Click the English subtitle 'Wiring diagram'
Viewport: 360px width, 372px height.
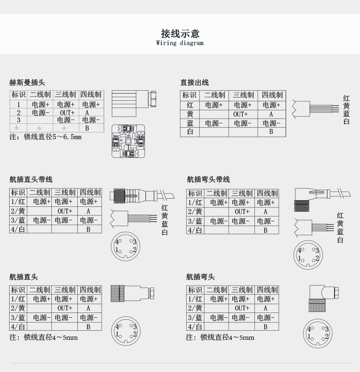coord(180,43)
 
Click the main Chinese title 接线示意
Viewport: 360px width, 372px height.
coord(180,33)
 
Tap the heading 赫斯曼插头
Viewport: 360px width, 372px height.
coord(27,83)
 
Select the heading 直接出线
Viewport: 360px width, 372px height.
coord(194,83)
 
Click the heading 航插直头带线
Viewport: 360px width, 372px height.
coord(31,180)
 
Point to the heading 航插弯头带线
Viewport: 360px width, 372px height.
coord(208,180)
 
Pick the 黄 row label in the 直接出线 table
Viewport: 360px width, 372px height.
coord(190,114)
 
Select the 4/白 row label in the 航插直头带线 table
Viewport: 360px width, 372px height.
coord(18,229)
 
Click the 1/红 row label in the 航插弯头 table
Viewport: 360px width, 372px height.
coord(195,299)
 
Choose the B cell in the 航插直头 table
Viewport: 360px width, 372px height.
coord(88,326)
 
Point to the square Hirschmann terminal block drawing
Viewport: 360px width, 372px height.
coord(128,141)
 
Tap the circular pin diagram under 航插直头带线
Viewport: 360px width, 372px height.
coord(126,246)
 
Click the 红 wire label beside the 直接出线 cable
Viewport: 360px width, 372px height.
coord(347,98)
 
